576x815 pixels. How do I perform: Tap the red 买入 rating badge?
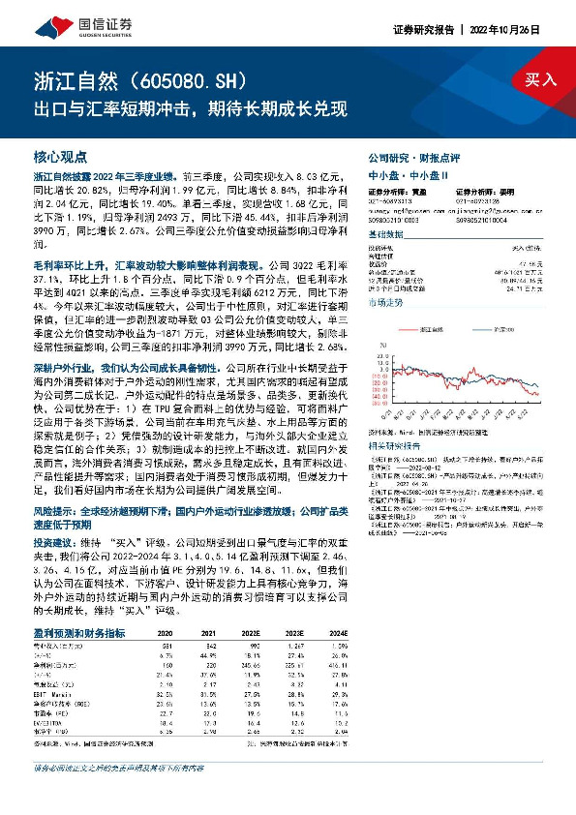click(x=541, y=80)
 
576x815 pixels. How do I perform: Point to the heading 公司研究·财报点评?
click(x=408, y=157)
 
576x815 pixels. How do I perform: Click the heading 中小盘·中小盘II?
click(x=402, y=174)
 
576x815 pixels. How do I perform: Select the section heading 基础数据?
click(x=386, y=235)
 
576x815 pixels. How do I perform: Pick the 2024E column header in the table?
click(x=338, y=633)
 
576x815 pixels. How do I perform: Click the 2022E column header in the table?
click(x=252, y=633)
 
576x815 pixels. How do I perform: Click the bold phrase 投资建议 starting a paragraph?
click(x=50, y=543)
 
